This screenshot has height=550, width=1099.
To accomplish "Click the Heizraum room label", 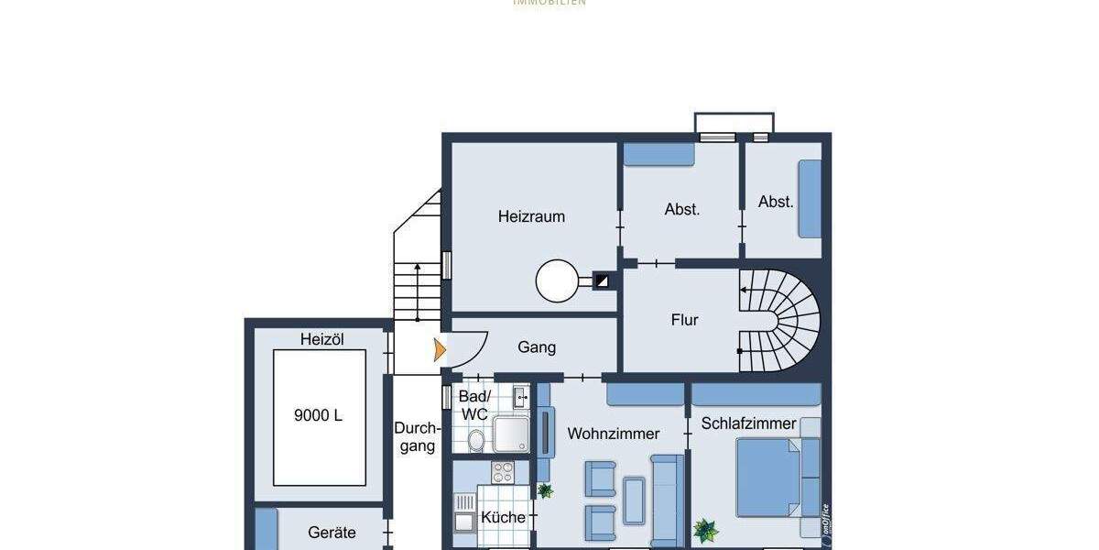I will coord(531,217).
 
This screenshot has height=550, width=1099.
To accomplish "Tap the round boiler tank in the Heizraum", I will coord(558,280).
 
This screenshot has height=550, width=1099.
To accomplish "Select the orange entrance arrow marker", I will coord(440,349).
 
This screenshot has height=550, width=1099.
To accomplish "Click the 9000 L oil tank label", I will coord(318,415).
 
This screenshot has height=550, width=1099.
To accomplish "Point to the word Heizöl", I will coord(321,339).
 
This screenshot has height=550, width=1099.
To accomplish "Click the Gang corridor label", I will coord(537,347).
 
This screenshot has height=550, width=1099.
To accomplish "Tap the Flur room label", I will coord(684,320).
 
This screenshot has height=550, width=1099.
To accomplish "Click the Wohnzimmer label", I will coord(613,434).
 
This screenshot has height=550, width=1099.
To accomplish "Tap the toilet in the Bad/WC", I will coord(476,441).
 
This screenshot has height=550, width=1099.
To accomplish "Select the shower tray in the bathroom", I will coord(510,434).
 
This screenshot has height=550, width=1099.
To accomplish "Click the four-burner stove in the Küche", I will coord(503,472).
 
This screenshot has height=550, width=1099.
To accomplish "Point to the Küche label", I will coord(503,517).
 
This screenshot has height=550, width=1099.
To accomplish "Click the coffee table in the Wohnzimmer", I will coord(634,500).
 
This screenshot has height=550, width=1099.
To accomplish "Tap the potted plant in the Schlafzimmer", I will coord(705,529).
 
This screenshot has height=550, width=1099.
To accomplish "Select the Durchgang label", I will coord(417,436).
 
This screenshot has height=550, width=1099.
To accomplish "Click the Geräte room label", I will coord(332,532).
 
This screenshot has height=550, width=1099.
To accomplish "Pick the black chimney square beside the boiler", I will coord(603,281).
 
